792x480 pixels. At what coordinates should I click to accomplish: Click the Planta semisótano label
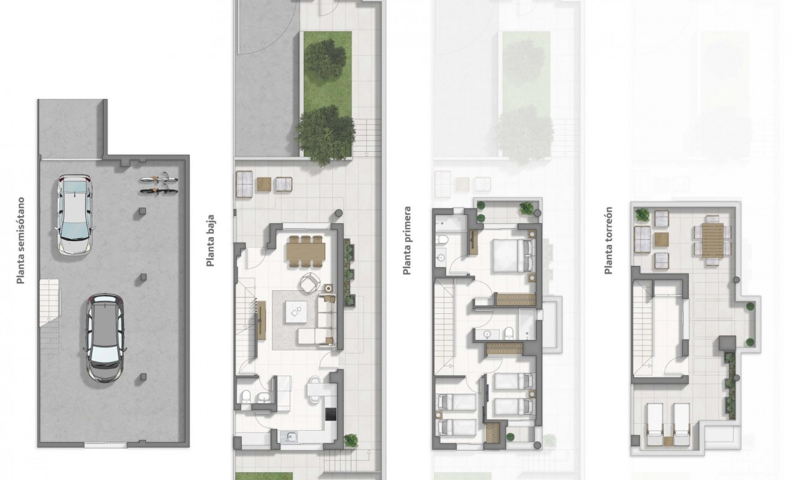click(22, 240)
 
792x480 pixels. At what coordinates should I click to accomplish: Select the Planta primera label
click(407, 241)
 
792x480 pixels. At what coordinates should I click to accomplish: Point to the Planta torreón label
click(609, 241)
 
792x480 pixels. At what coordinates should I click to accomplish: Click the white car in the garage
click(74, 214)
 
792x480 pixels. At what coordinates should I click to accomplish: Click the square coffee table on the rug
click(296, 310)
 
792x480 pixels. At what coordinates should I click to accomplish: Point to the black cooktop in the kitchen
click(329, 414)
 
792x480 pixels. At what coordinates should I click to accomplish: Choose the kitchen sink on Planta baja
click(292, 437)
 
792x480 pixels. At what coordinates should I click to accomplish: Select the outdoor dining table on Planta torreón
click(713, 241)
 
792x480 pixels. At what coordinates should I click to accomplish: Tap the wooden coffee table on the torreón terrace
click(661, 240)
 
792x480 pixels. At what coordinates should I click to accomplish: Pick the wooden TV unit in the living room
click(261, 319)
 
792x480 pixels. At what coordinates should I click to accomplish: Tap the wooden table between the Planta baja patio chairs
click(263, 184)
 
